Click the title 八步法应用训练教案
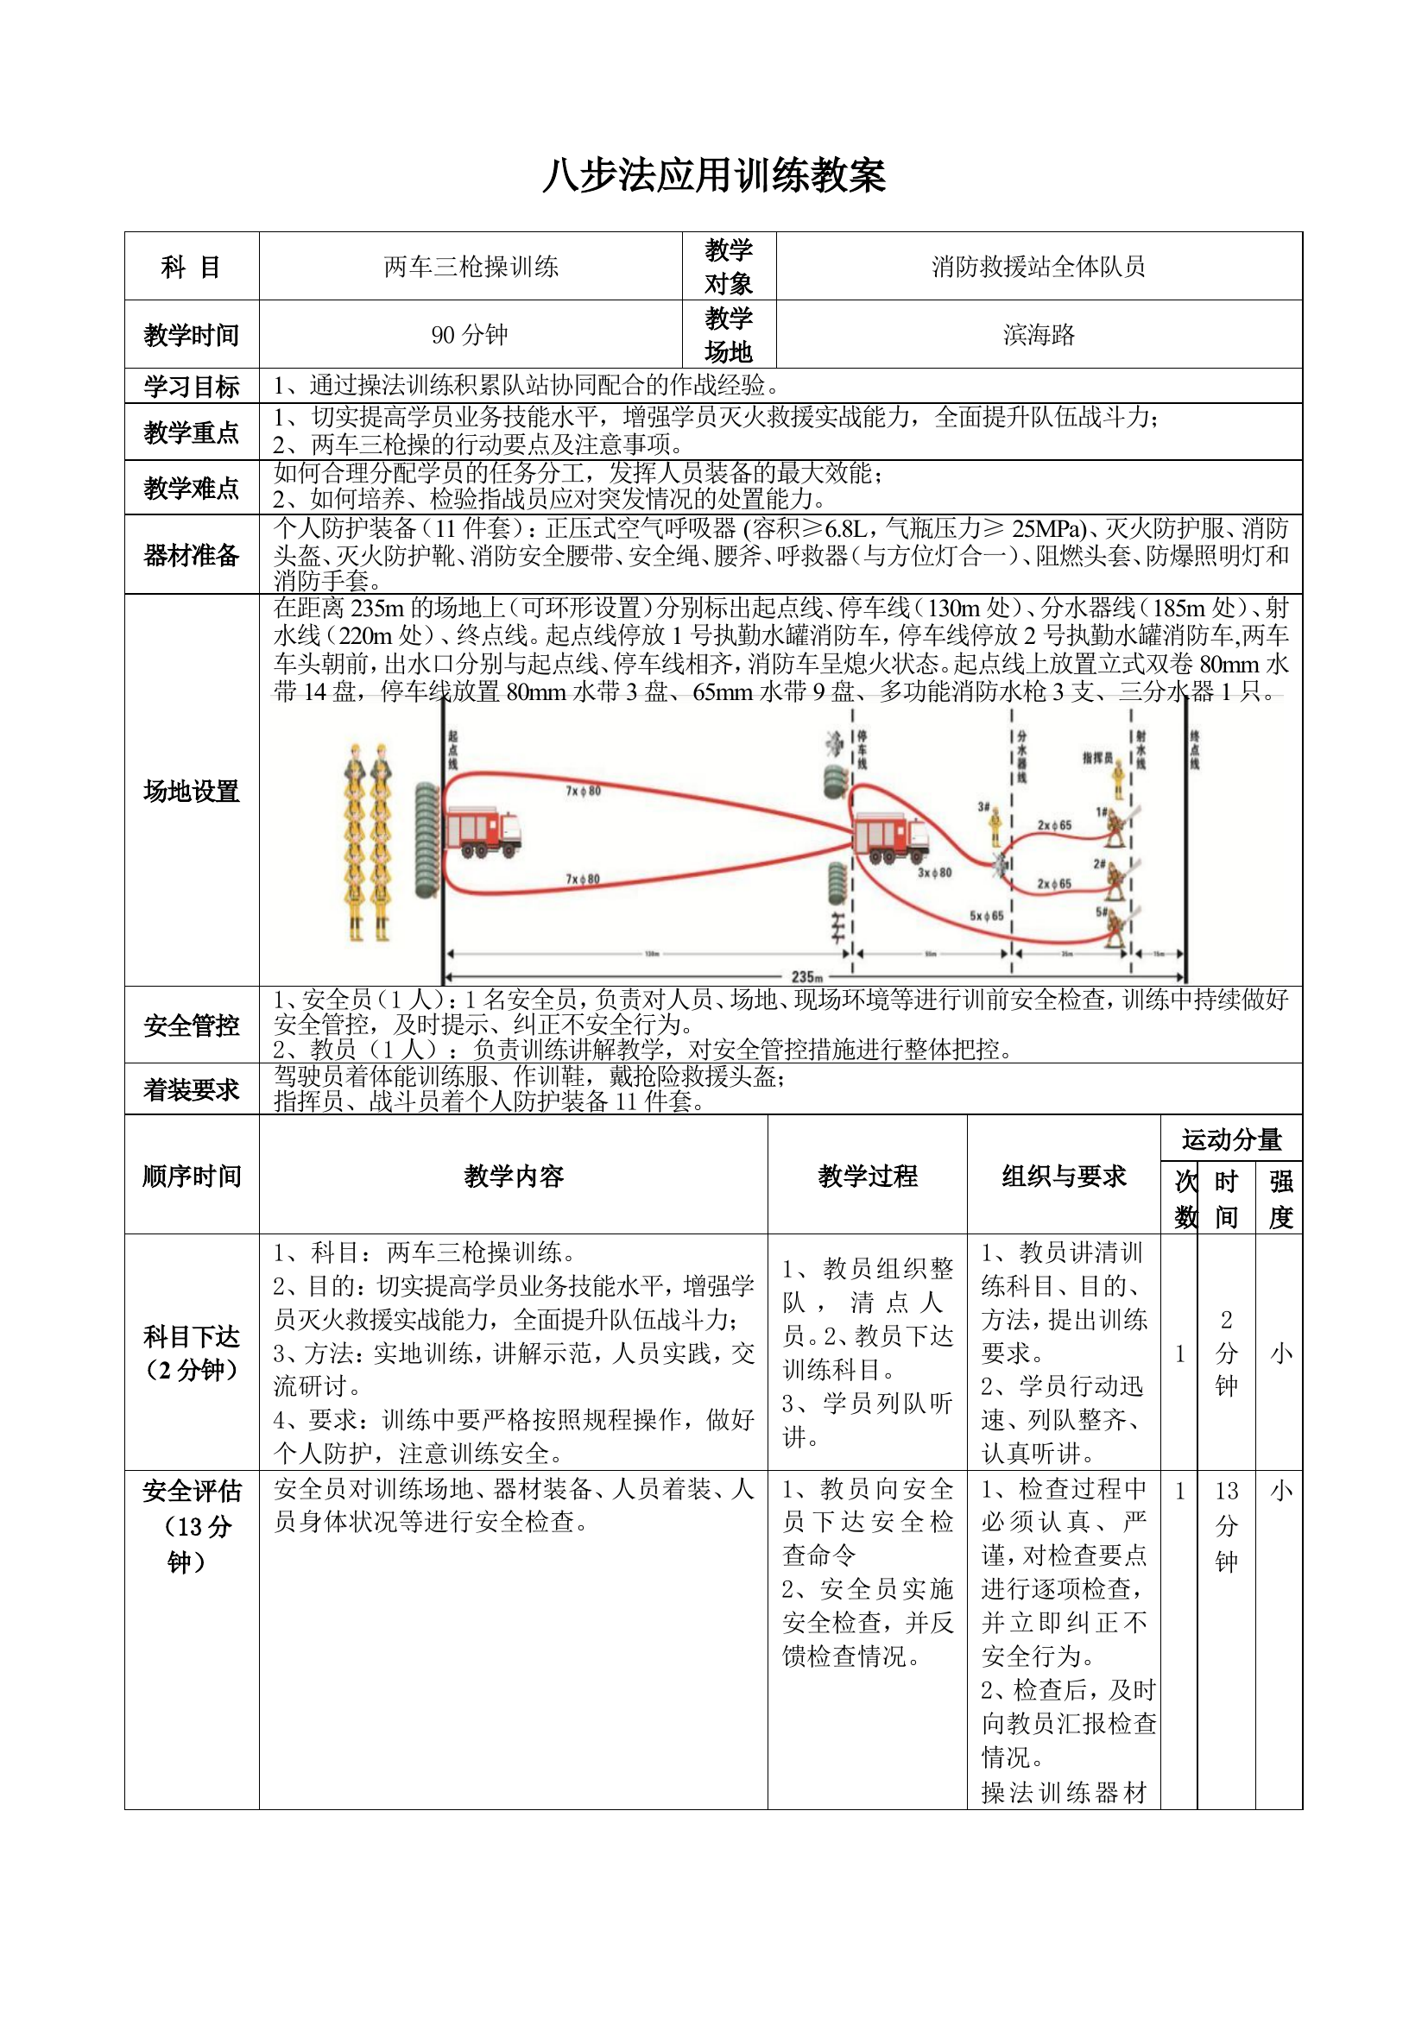point(713,175)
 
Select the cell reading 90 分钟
point(470,335)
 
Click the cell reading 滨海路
point(1039,335)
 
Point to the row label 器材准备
point(191,555)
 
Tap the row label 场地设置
point(191,791)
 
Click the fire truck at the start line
point(483,832)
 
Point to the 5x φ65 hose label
point(986,915)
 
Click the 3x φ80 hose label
point(934,874)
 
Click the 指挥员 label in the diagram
point(1096,757)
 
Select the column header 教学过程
point(867,1176)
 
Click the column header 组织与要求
point(1063,1176)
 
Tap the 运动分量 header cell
point(1231,1139)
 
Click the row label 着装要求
point(191,1089)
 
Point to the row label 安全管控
point(191,1025)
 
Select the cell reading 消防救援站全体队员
point(1039,267)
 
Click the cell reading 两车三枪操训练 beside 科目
point(471,267)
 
